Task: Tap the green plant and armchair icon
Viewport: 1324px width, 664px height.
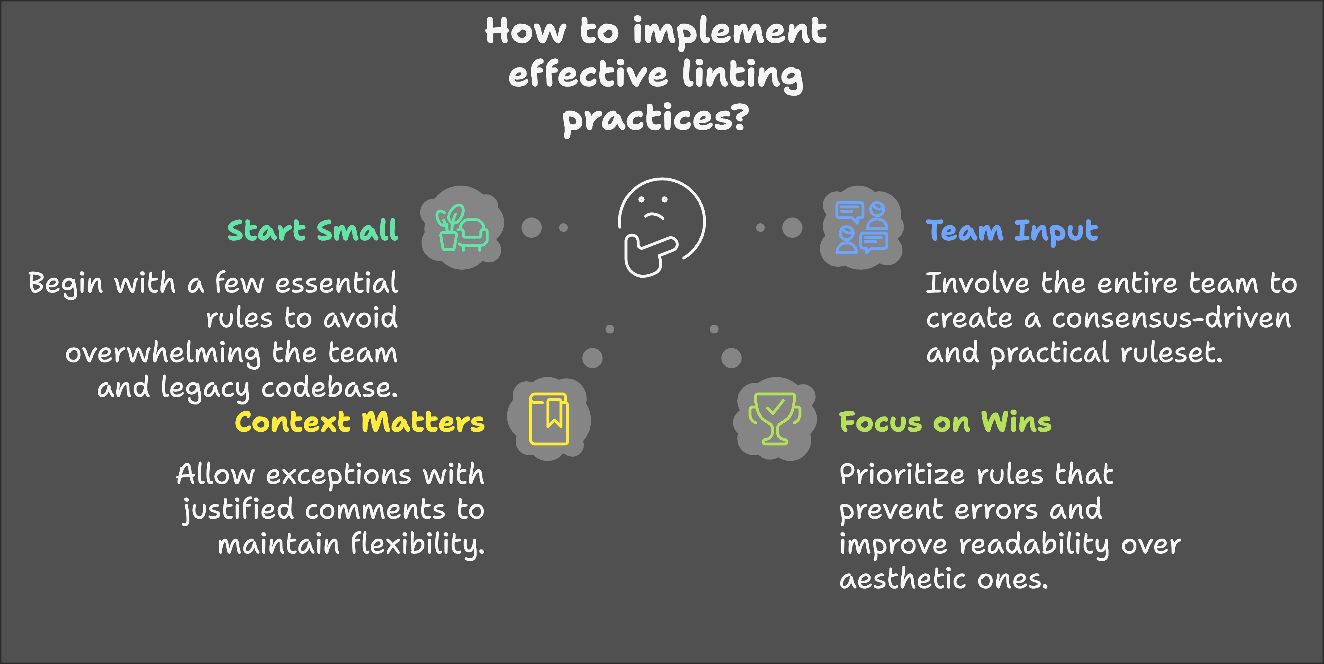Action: [461, 228]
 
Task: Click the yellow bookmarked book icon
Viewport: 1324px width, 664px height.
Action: [549, 419]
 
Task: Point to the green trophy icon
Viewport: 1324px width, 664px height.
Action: [775, 419]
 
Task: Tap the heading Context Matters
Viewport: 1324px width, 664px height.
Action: [360, 422]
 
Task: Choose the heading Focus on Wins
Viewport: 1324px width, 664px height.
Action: [945, 422]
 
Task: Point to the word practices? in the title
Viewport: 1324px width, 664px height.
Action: [655, 119]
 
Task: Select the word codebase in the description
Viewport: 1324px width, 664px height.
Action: [330, 388]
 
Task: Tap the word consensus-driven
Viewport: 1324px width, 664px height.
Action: [1171, 318]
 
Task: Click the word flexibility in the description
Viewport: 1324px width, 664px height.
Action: [417, 545]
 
